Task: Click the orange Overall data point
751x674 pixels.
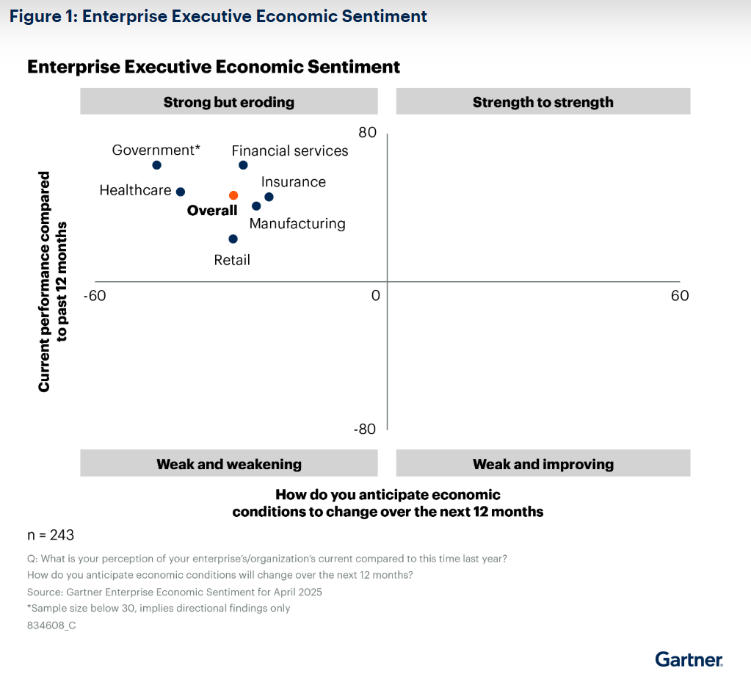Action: pos(233,195)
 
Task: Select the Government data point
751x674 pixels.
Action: pos(156,165)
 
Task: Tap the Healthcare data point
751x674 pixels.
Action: pos(180,191)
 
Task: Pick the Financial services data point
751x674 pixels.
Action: pos(243,165)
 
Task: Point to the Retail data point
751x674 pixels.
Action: pos(233,239)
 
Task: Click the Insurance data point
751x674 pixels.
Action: pos(269,197)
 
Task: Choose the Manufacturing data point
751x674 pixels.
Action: pos(256,206)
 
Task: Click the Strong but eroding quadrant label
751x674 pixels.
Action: pos(228,102)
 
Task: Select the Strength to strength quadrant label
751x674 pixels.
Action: pos(543,102)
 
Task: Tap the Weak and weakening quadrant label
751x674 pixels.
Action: pos(228,464)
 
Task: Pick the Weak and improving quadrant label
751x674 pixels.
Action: pos(543,464)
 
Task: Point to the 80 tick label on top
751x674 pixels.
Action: pos(367,133)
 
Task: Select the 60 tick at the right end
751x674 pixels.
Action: pos(680,295)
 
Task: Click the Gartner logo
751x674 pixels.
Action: pos(689,659)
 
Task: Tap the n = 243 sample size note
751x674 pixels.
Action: pos(50,535)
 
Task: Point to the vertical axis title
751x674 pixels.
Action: pos(52,281)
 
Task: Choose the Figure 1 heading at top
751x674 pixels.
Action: pos(218,16)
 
